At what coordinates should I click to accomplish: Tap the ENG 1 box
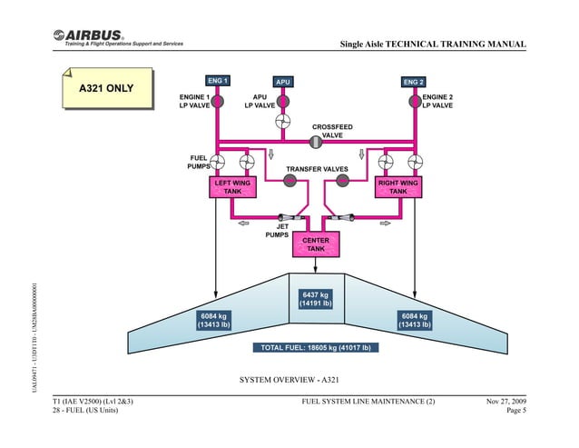[x=217, y=81]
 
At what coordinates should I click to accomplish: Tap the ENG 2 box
[x=413, y=82]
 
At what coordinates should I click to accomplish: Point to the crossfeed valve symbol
[x=316, y=141]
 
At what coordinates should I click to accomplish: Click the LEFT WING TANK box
[x=232, y=187]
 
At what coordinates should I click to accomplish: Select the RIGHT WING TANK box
[x=397, y=187]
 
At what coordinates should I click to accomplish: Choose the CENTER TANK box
[x=315, y=244]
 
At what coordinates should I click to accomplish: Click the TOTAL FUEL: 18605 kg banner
[x=315, y=347]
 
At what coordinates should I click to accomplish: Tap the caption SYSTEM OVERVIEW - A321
[x=289, y=378]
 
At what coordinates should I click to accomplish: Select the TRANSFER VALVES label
[x=317, y=169]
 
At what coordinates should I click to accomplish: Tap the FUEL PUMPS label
[x=198, y=163]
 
